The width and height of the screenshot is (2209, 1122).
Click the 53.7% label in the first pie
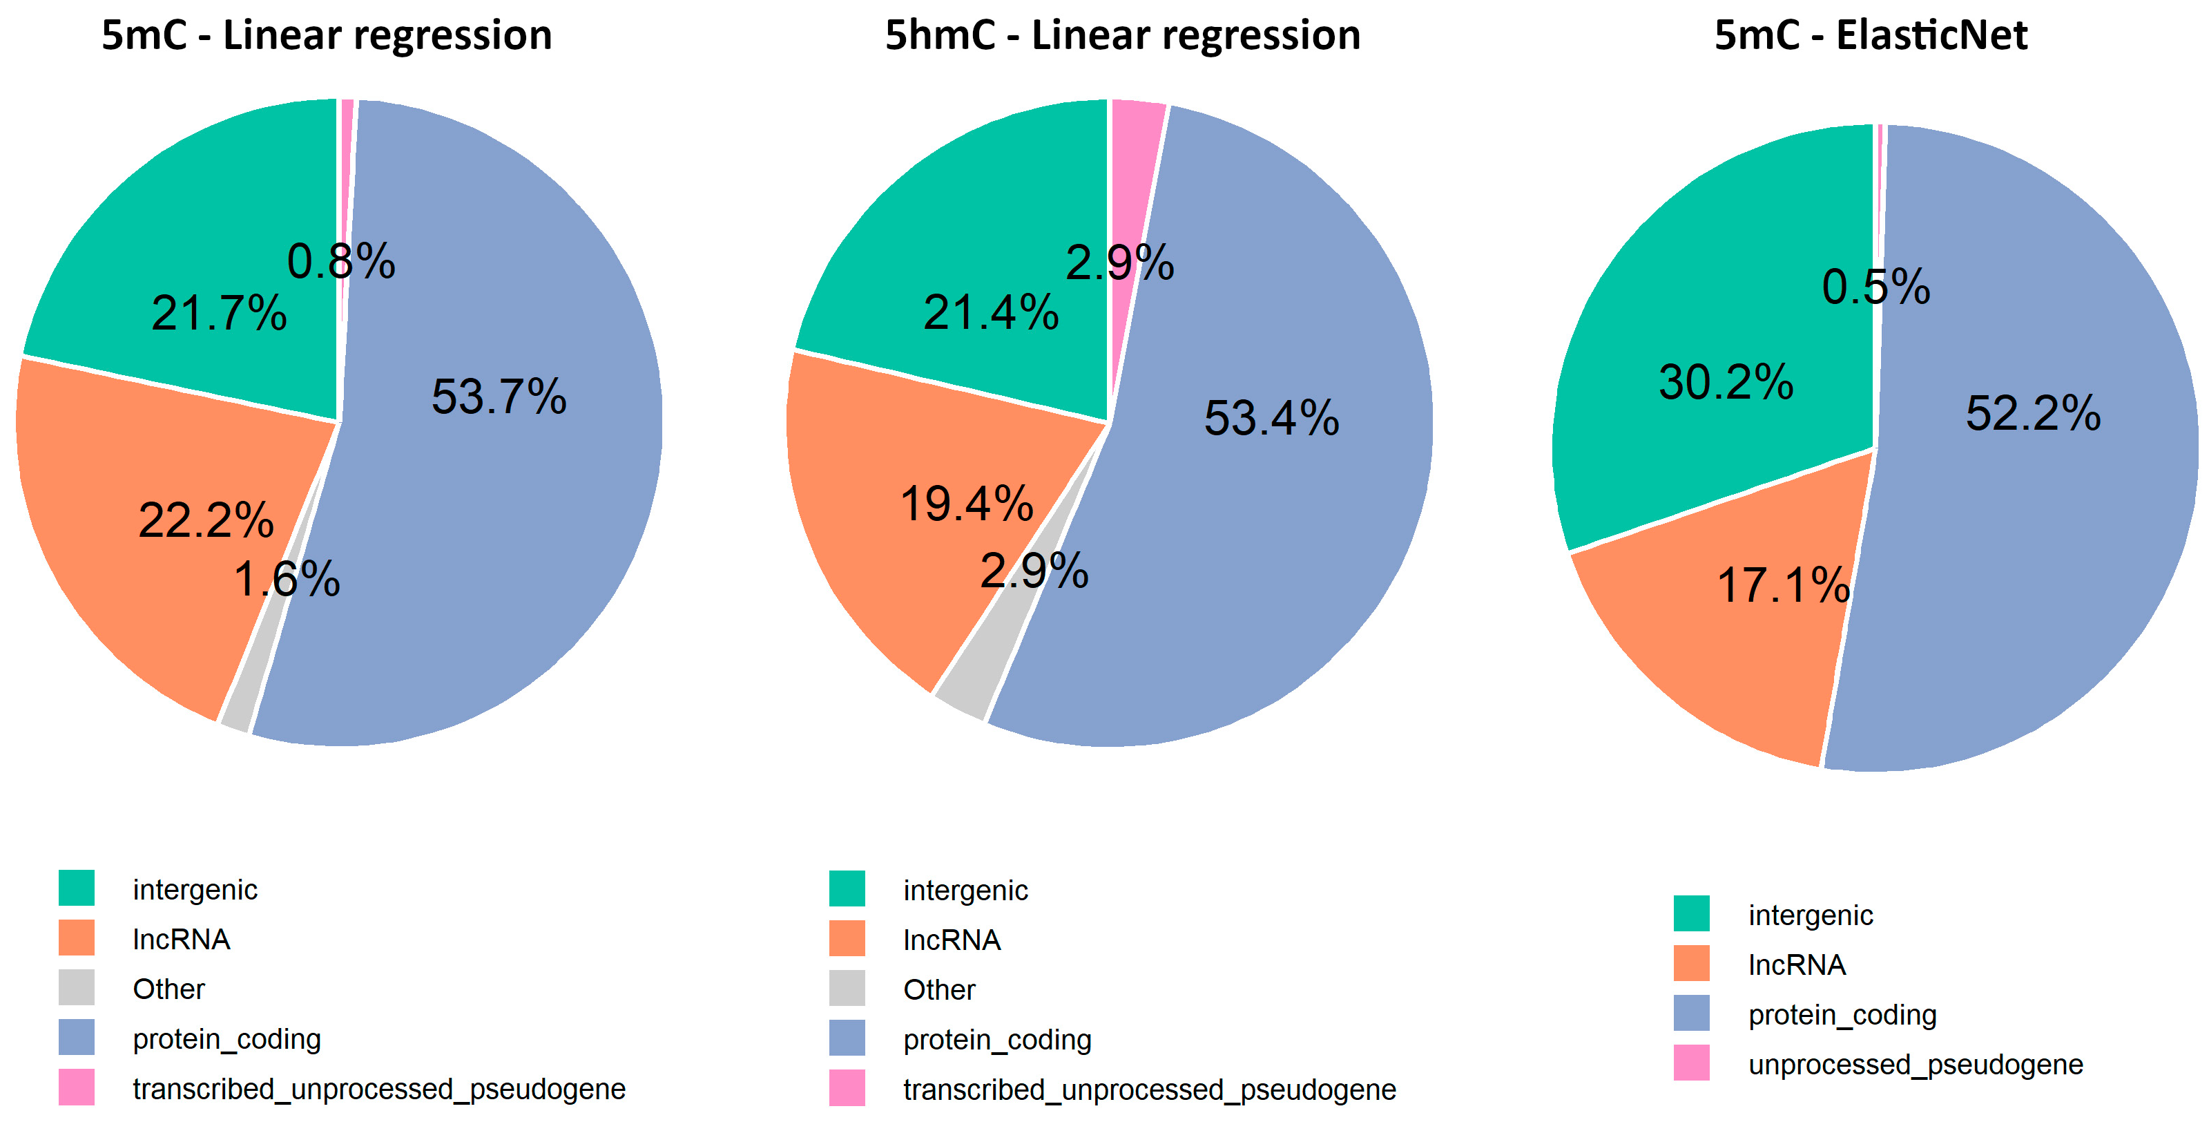pyautogui.click(x=499, y=397)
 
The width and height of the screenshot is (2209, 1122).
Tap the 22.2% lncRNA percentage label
pyautogui.click(x=206, y=520)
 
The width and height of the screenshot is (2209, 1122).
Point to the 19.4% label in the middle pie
pyautogui.click(x=967, y=504)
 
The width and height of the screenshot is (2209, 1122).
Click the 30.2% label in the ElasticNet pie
pyautogui.click(x=1726, y=382)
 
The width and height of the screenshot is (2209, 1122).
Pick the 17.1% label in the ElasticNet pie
pyautogui.click(x=1783, y=586)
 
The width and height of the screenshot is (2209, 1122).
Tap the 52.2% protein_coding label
pyautogui.click(x=2032, y=413)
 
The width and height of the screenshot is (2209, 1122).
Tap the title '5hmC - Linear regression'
pyautogui.click(x=1121, y=36)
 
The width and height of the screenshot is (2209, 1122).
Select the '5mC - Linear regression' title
pyautogui.click(x=326, y=36)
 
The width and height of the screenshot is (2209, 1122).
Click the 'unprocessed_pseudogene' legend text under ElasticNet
pyautogui.click(x=1915, y=1065)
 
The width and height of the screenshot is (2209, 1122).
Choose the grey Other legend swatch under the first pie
pyautogui.click(x=77, y=988)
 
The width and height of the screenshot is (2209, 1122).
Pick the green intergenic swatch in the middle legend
pyautogui.click(x=847, y=888)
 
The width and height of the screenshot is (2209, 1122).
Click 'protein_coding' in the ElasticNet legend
pyautogui.click(x=1842, y=1015)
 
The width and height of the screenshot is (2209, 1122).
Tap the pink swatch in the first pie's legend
pyautogui.click(x=77, y=1087)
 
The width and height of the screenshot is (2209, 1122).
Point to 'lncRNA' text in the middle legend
pyautogui.click(x=951, y=940)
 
